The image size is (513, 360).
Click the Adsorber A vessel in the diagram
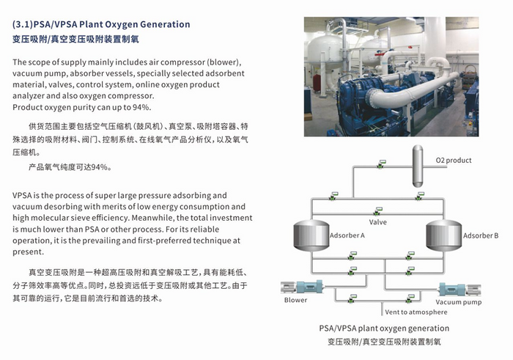[x=311, y=235]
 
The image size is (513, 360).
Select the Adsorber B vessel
[x=443, y=235]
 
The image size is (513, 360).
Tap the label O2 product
[x=454, y=161]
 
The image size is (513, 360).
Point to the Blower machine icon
[x=302, y=287]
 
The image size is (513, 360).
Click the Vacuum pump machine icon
[x=460, y=290]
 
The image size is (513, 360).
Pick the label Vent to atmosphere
[x=416, y=312]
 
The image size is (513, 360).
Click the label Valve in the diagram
[x=378, y=222]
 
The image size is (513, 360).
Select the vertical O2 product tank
[x=418, y=166]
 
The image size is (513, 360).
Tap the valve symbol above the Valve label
[x=378, y=210]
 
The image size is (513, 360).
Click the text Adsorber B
[x=481, y=235]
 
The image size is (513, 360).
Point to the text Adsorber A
[x=347, y=235]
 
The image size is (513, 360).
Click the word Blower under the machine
[x=295, y=300]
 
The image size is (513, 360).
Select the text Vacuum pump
[x=458, y=302]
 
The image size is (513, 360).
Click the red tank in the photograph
[x=316, y=82]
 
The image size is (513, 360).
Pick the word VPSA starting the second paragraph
[x=22, y=195]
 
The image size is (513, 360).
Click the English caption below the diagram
[x=384, y=328]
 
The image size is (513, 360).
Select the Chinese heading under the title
[x=75, y=40]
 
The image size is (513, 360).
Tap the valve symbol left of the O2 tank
[x=381, y=164]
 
